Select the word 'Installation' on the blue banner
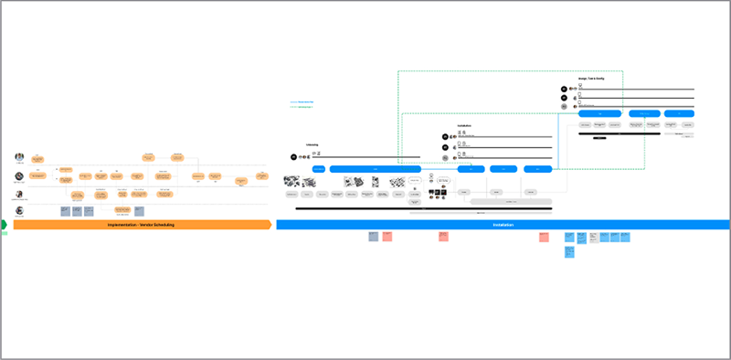click(x=503, y=225)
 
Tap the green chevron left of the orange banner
click(x=4, y=224)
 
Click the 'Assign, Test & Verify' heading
click(x=597, y=79)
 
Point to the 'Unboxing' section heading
click(x=312, y=144)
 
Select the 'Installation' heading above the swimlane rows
click(x=465, y=126)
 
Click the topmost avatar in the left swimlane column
click(x=19, y=154)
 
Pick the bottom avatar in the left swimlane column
click(x=19, y=210)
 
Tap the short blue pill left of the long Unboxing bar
click(x=319, y=169)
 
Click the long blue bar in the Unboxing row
click(x=375, y=169)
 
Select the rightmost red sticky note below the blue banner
click(x=544, y=237)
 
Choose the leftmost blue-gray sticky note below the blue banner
click(x=373, y=237)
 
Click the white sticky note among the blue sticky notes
click(x=592, y=237)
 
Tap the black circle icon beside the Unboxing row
click(x=294, y=157)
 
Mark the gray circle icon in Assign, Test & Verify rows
click(x=564, y=107)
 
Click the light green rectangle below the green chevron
click(x=4, y=233)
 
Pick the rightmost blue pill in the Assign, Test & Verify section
click(x=678, y=114)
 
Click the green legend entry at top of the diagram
click(x=302, y=108)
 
